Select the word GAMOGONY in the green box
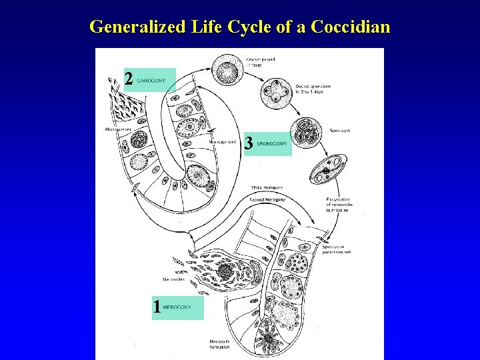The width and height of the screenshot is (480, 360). (151, 80)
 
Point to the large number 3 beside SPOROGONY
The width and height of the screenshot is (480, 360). (248, 143)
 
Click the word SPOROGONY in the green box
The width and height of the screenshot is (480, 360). (272, 143)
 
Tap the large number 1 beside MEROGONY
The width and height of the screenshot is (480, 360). (157, 307)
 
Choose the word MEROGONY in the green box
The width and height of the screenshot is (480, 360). (177, 307)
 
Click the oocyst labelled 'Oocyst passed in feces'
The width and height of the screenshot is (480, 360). (228, 69)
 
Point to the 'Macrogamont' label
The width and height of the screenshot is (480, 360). (223, 141)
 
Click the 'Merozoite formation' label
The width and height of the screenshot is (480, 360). (220, 343)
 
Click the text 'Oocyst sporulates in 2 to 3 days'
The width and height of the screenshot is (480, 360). (311, 89)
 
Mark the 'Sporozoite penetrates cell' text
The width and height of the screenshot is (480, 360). (337, 249)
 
